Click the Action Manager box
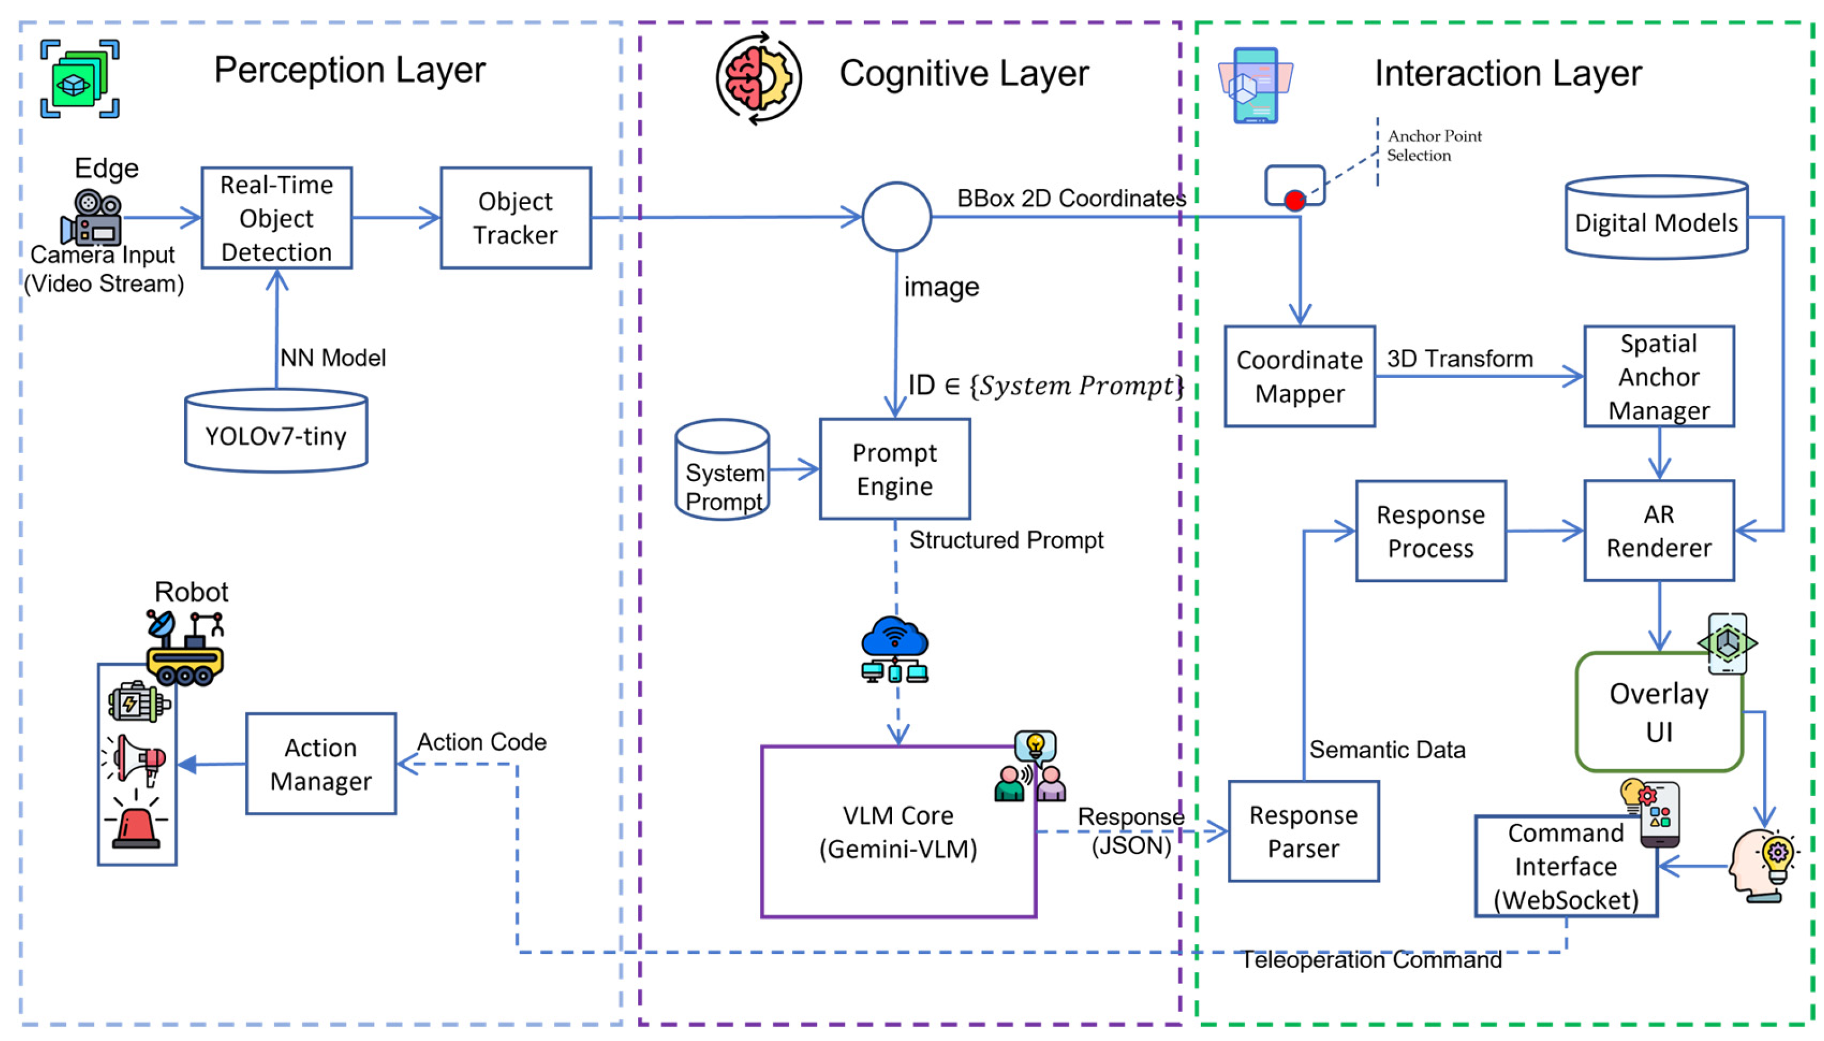[x=320, y=763]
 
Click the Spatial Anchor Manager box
[x=1658, y=376]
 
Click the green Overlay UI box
[x=1658, y=712]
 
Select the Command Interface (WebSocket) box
[x=1565, y=866]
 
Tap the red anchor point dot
[x=1294, y=200]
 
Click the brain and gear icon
[x=758, y=77]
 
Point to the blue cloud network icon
[x=894, y=648]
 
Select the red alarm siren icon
[x=136, y=824]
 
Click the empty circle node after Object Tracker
[x=895, y=217]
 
